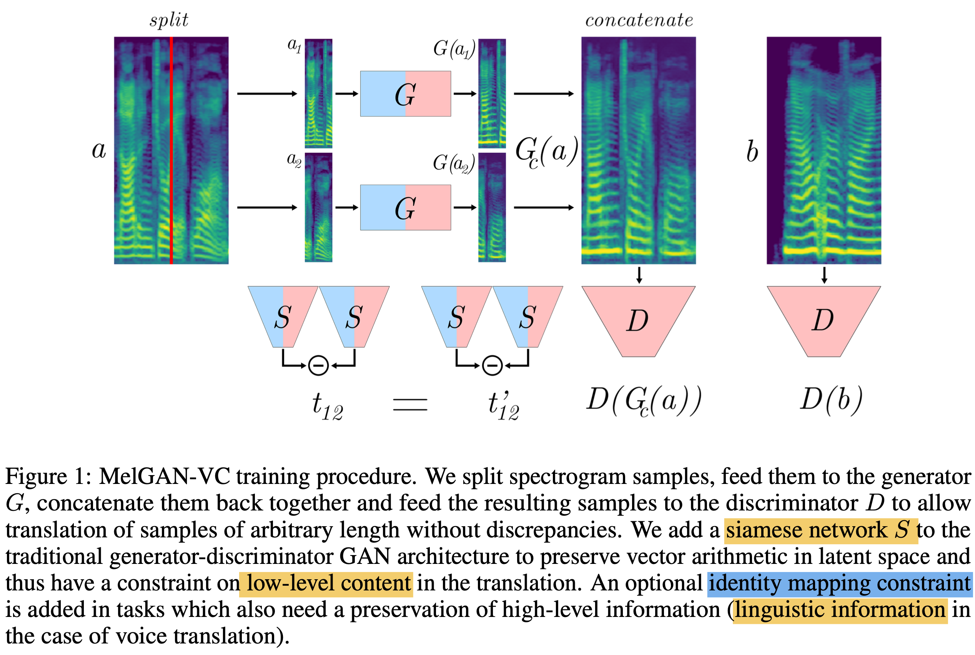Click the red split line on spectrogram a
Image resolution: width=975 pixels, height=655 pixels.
pyautogui.click(x=171, y=150)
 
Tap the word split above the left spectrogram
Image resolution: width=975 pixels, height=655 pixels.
pyautogui.click(x=169, y=20)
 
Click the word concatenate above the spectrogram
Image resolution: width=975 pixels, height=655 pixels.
pyautogui.click(x=639, y=20)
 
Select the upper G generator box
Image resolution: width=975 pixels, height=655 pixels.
pyautogui.click(x=405, y=93)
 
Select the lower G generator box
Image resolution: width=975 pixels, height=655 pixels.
pyautogui.click(x=405, y=208)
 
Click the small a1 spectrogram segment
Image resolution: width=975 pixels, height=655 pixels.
pyautogui.click(x=318, y=93)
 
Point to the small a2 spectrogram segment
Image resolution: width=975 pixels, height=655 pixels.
pyautogui.click(x=318, y=208)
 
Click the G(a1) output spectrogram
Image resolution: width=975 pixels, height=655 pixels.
pyautogui.click(x=492, y=93)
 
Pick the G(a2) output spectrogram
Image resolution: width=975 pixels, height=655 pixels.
pyautogui.click(x=492, y=208)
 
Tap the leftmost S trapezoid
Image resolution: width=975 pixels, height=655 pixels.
pyautogui.click(x=283, y=317)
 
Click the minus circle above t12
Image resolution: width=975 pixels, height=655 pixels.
pyautogui.click(x=318, y=366)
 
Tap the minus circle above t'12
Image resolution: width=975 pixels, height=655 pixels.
pyautogui.click(x=492, y=366)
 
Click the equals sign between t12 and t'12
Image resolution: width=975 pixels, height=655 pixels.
pyautogui.click(x=410, y=404)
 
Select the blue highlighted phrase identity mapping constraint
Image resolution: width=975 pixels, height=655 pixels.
pyautogui.click(x=839, y=584)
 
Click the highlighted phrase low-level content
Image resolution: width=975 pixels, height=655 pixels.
pyautogui.click(x=326, y=584)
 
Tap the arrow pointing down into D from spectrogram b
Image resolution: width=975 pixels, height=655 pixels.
pyautogui.click(x=824, y=275)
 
